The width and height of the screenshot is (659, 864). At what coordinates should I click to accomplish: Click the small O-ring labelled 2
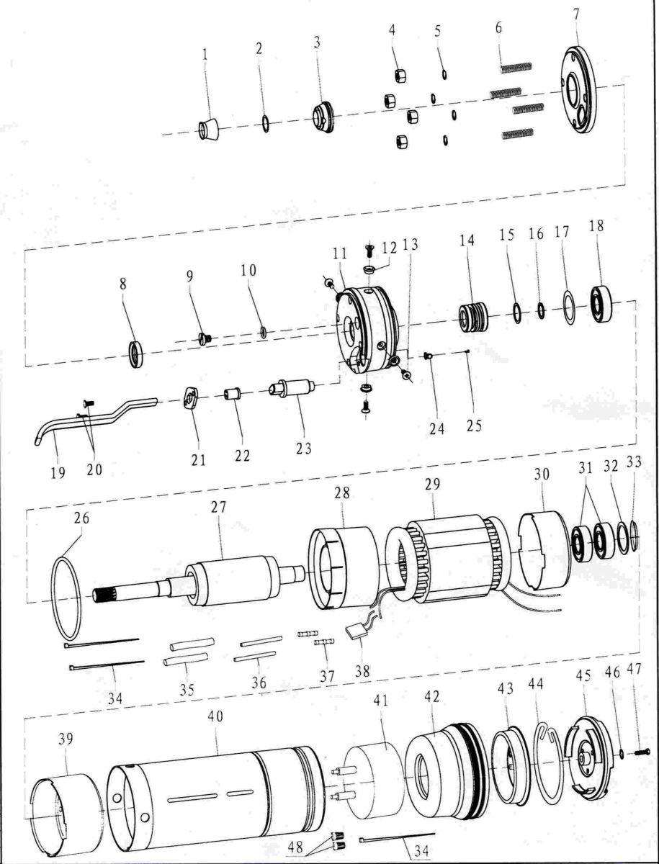266,123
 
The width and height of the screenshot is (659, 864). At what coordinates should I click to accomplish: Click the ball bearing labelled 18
601,304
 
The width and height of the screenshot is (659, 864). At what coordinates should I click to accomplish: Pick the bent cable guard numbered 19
94,420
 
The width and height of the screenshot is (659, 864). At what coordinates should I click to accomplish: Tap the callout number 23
304,448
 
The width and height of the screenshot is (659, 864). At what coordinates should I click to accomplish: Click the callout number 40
215,717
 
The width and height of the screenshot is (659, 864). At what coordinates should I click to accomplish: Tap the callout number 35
187,689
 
